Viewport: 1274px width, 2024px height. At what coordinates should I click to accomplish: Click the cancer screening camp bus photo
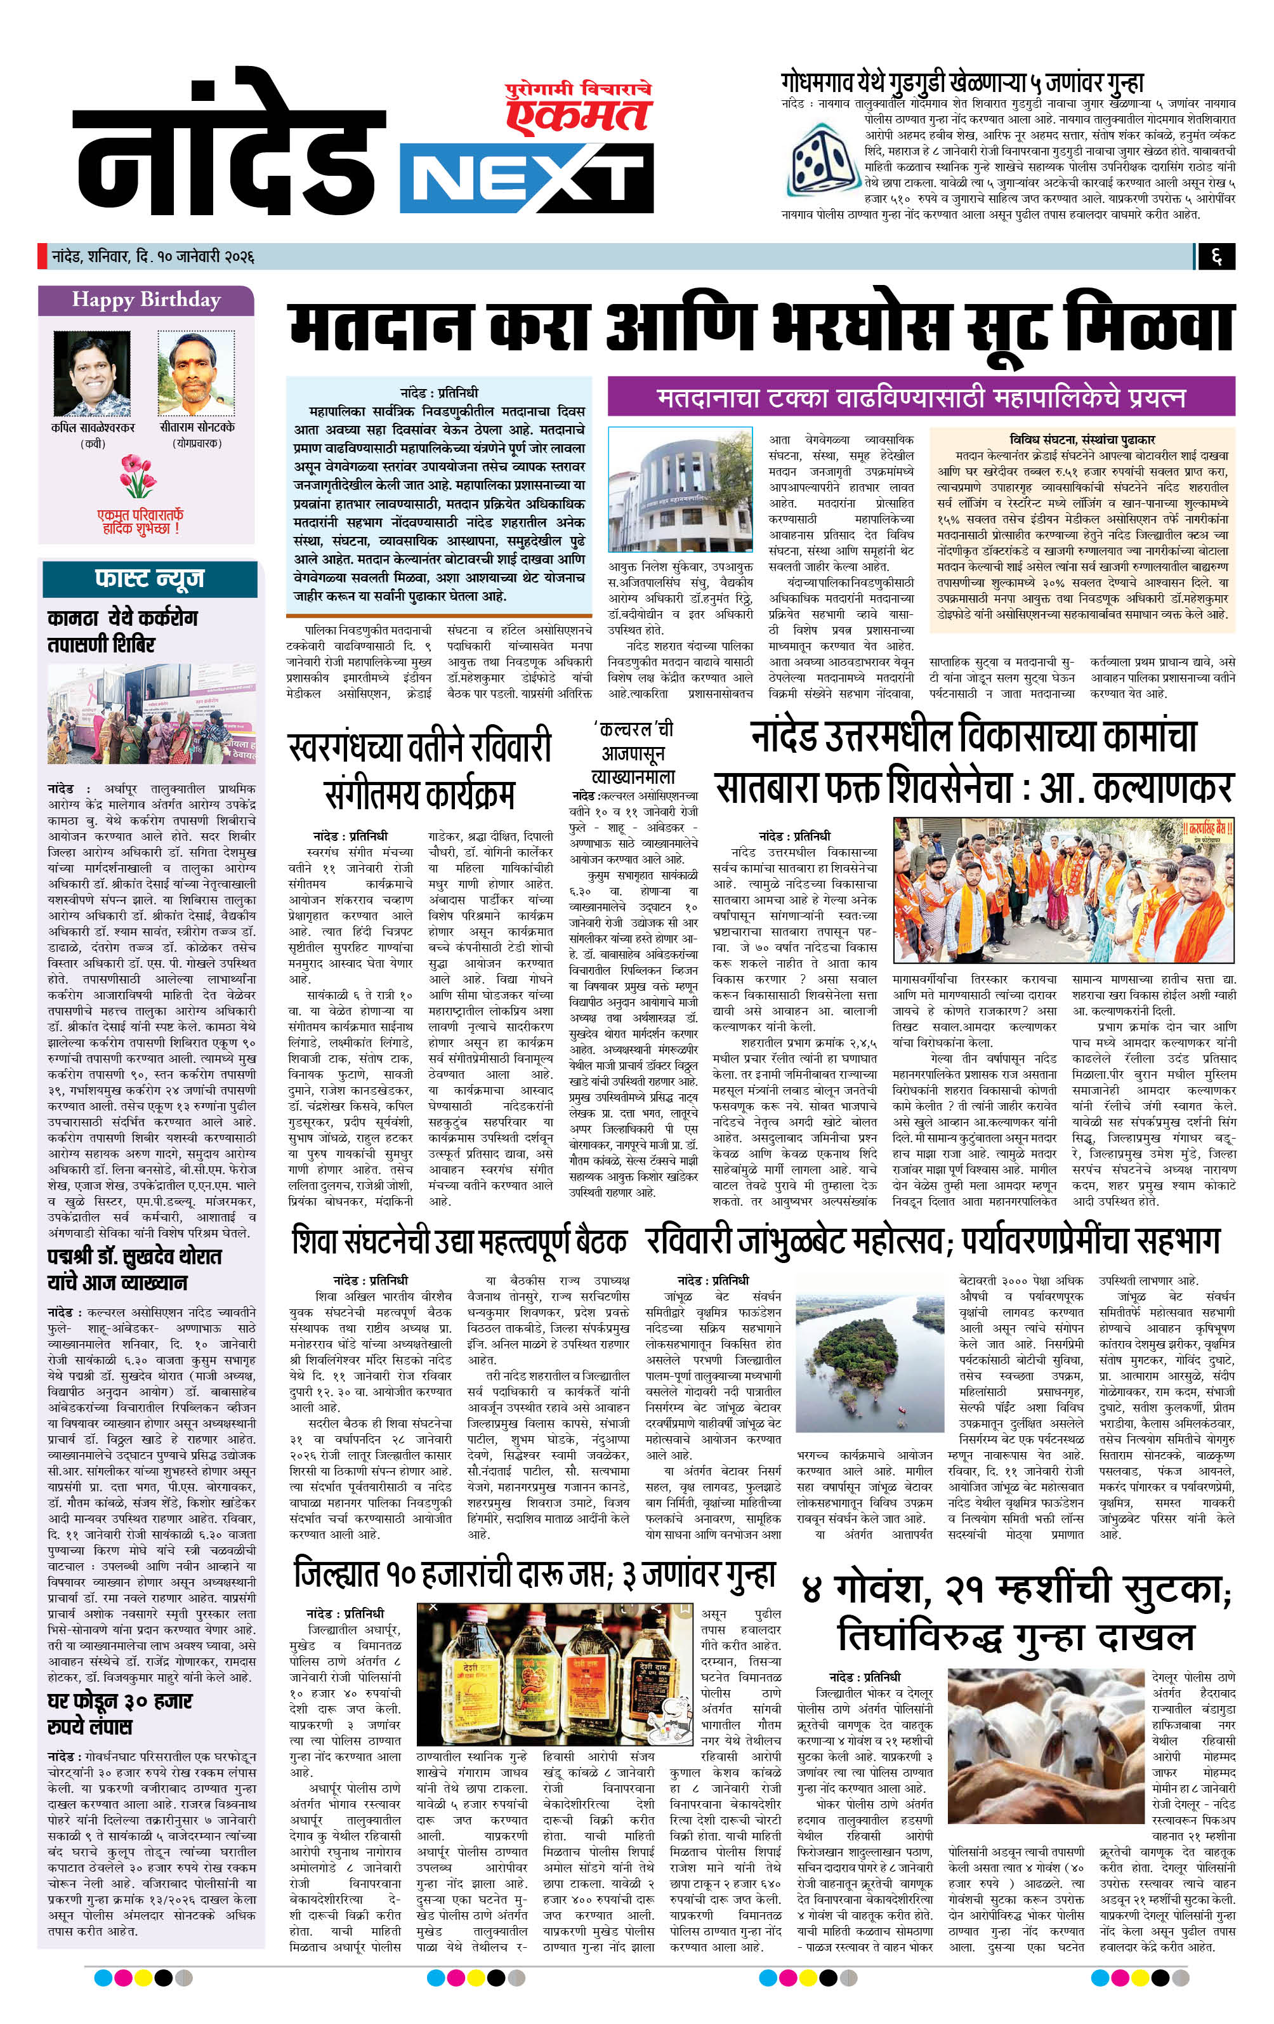(x=150, y=715)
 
